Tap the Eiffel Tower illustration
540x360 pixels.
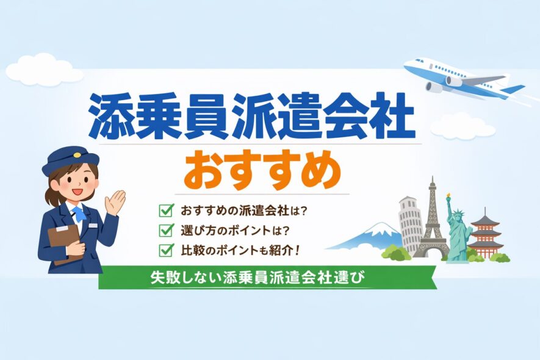[432, 223]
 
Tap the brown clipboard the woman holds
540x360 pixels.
[63, 242]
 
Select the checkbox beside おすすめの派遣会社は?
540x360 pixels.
[165, 211]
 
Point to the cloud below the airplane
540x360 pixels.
[462, 126]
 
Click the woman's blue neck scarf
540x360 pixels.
[79, 215]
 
